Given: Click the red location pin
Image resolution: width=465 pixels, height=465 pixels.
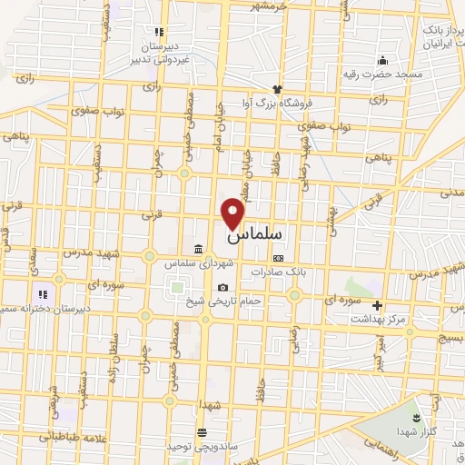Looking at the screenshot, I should [x=234, y=212].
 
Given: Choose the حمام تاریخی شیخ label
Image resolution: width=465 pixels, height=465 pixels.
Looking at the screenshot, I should [x=225, y=301].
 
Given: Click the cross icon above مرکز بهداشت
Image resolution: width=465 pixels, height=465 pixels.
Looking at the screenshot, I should [x=378, y=305].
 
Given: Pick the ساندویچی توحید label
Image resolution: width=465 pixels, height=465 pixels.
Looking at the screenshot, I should [x=201, y=446].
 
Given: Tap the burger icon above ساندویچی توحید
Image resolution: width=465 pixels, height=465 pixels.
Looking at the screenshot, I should [x=201, y=432].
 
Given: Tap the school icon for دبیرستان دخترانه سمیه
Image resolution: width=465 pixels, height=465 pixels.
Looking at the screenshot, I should [x=42, y=293].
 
